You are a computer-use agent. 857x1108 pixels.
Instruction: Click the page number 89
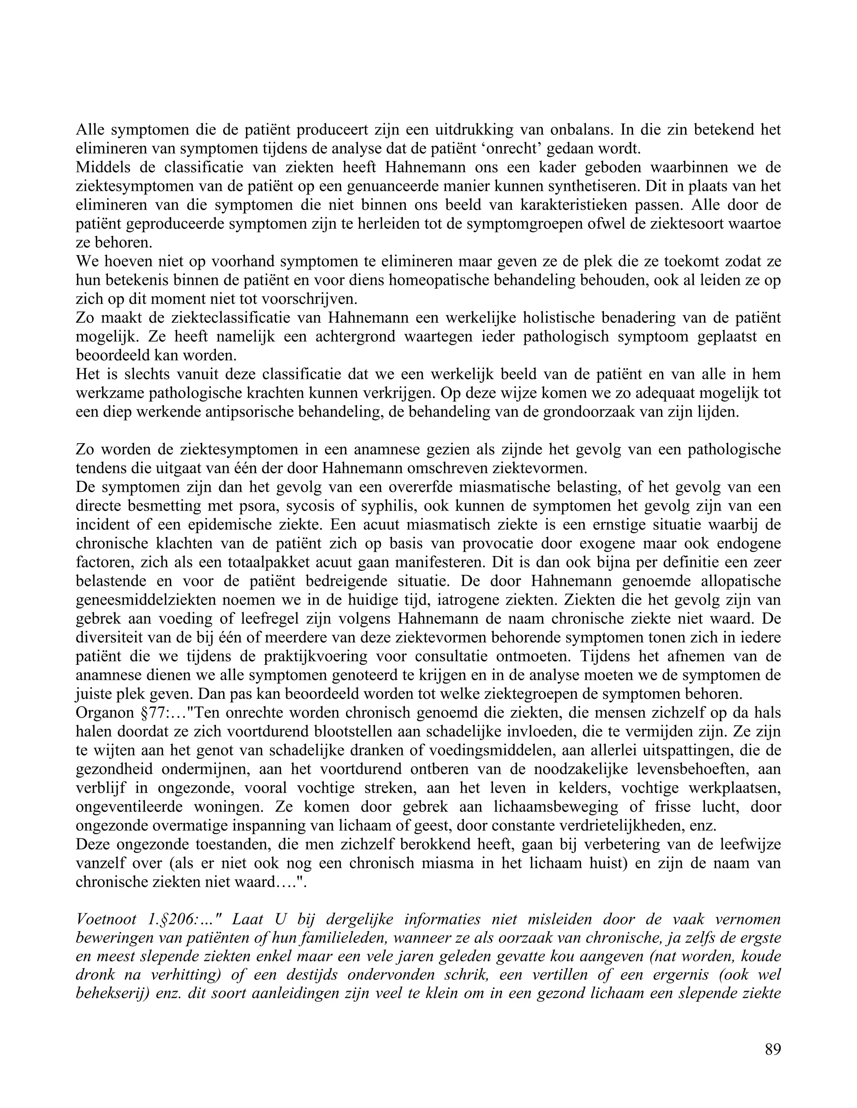click(x=772, y=1049)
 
